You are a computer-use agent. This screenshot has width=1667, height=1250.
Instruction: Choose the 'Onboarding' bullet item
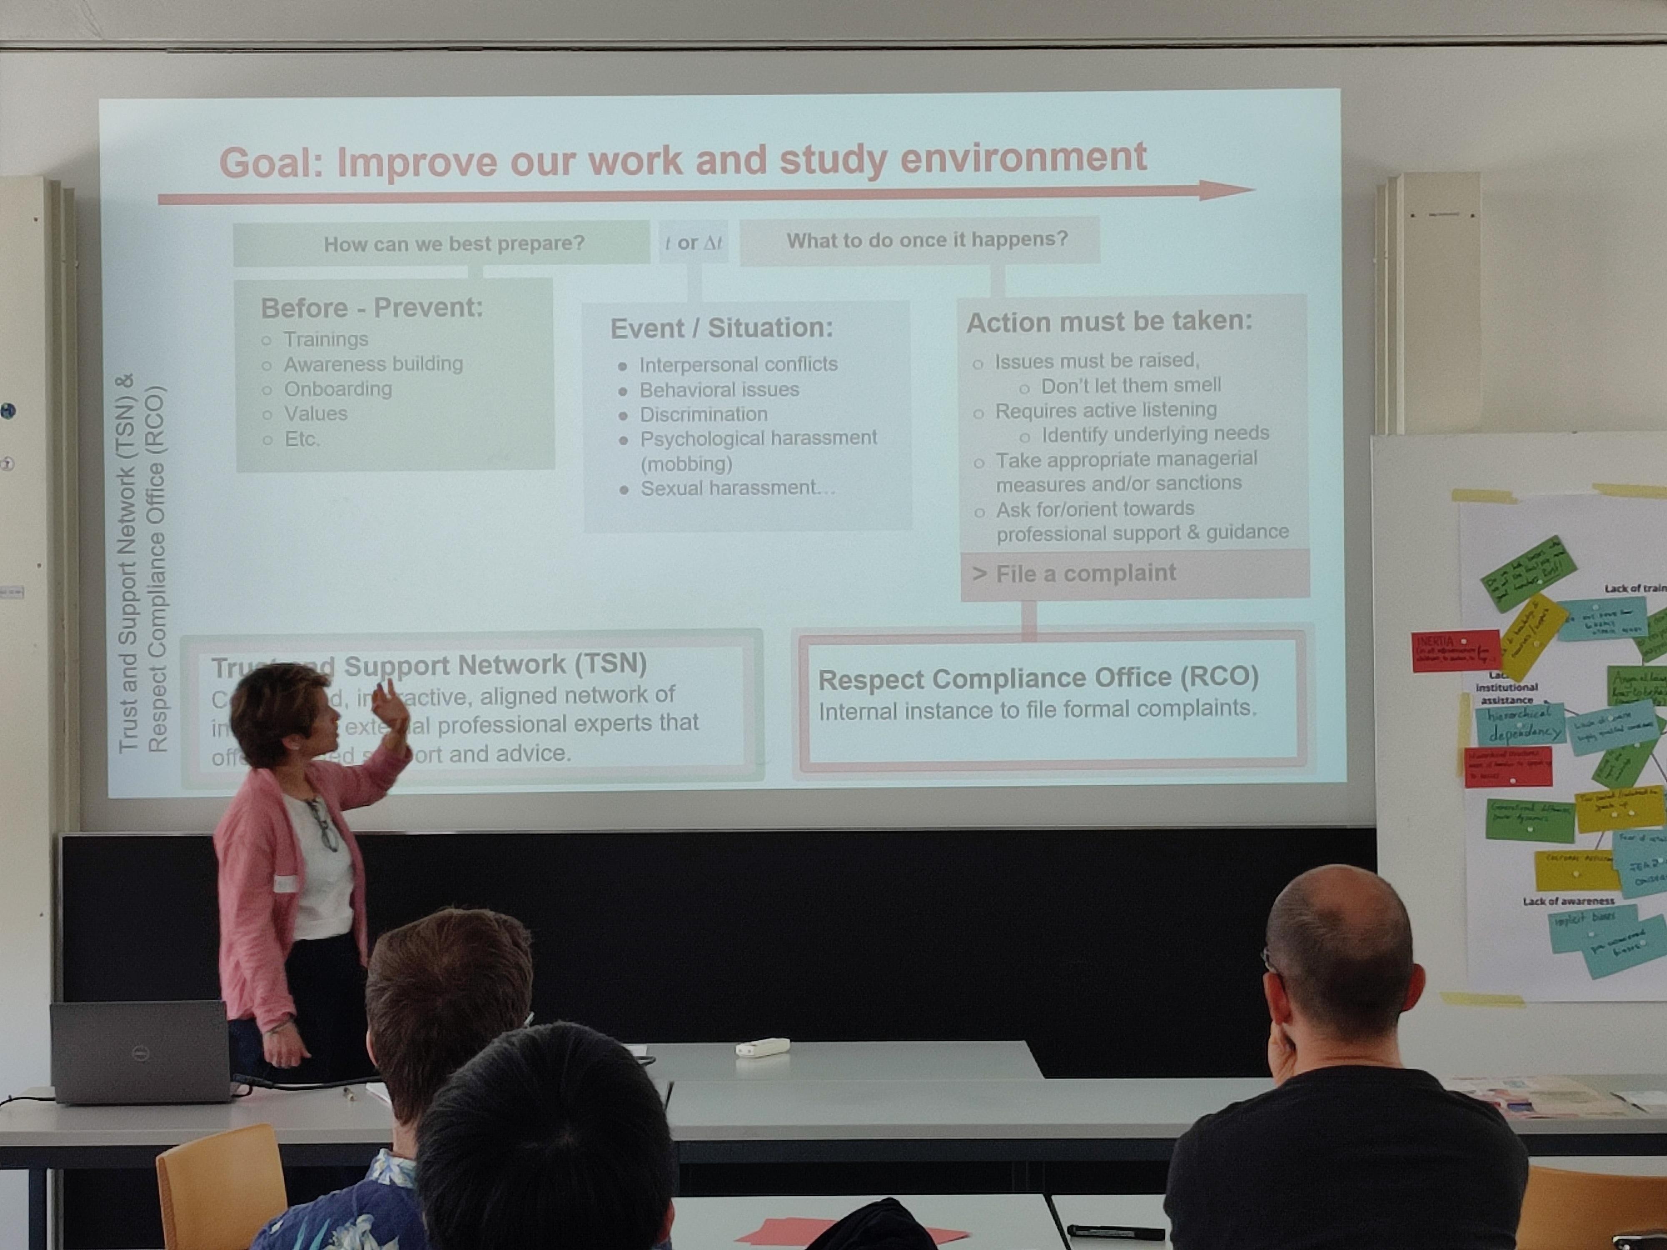click(x=338, y=389)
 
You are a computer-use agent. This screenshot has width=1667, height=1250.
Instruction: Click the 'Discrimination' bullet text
click(x=703, y=415)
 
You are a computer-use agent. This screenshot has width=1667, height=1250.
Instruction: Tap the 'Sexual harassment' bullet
click(x=737, y=488)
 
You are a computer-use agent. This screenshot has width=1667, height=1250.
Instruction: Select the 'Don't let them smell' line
click(x=1130, y=386)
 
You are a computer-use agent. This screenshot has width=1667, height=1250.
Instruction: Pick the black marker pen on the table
click(x=1115, y=1232)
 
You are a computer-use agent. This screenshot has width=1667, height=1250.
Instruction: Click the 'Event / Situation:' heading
click(x=721, y=328)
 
